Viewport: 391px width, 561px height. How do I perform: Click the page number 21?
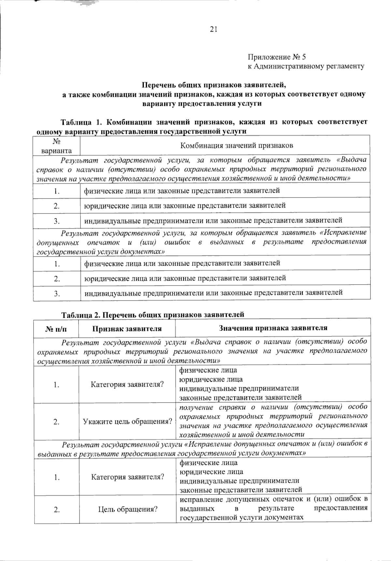[213, 30]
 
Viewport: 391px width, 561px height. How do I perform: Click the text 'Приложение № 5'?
[277, 57]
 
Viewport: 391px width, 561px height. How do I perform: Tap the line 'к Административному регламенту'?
[306, 66]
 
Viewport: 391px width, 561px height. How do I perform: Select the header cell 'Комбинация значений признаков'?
[237, 145]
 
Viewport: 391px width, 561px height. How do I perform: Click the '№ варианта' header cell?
[57, 146]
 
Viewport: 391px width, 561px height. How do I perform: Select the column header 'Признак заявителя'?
[127, 328]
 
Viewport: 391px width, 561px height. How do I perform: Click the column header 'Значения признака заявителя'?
[273, 328]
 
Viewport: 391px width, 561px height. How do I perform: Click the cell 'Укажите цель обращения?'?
[127, 421]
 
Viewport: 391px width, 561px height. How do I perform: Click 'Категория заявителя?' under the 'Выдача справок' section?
[127, 384]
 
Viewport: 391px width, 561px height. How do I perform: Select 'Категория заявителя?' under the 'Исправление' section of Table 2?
[127, 477]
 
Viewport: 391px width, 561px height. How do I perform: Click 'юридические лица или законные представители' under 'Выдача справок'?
[185, 205]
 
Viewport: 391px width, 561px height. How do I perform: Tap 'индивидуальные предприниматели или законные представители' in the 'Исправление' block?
[213, 293]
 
